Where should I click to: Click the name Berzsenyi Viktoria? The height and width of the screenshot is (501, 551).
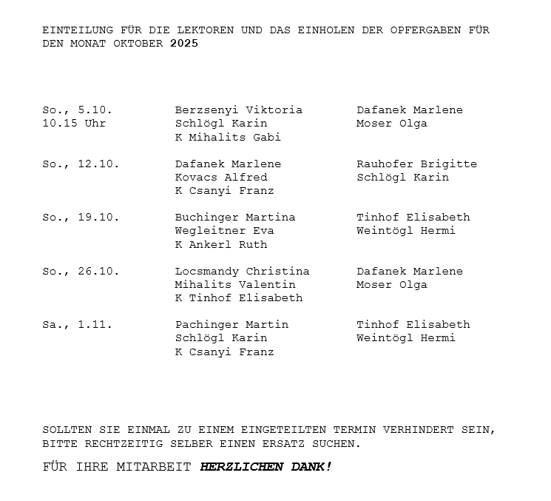tap(238, 110)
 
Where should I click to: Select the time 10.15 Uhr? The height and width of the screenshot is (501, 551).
tap(74, 124)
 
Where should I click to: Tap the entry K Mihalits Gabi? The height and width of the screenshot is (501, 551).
tap(228, 138)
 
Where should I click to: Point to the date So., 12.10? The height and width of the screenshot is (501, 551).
tap(81, 164)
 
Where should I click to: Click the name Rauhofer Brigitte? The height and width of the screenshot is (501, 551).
tap(416, 164)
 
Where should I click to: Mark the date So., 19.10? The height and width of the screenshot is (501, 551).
tap(81, 218)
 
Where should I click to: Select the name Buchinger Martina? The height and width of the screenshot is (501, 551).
tap(234, 218)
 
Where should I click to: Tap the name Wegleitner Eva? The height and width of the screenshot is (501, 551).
tap(224, 231)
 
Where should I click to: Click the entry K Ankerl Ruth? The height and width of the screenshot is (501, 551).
tap(221, 245)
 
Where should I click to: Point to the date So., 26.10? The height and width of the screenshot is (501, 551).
tap(81, 272)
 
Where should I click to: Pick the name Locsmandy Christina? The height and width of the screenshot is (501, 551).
tap(242, 272)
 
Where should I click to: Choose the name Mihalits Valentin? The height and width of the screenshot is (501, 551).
tap(234, 285)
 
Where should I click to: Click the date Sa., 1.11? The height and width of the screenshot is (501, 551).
tap(77, 325)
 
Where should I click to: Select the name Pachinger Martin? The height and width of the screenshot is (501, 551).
tap(231, 325)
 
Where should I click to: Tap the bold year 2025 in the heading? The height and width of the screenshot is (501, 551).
tap(184, 44)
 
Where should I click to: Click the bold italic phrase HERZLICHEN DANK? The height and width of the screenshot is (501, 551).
tap(266, 467)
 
